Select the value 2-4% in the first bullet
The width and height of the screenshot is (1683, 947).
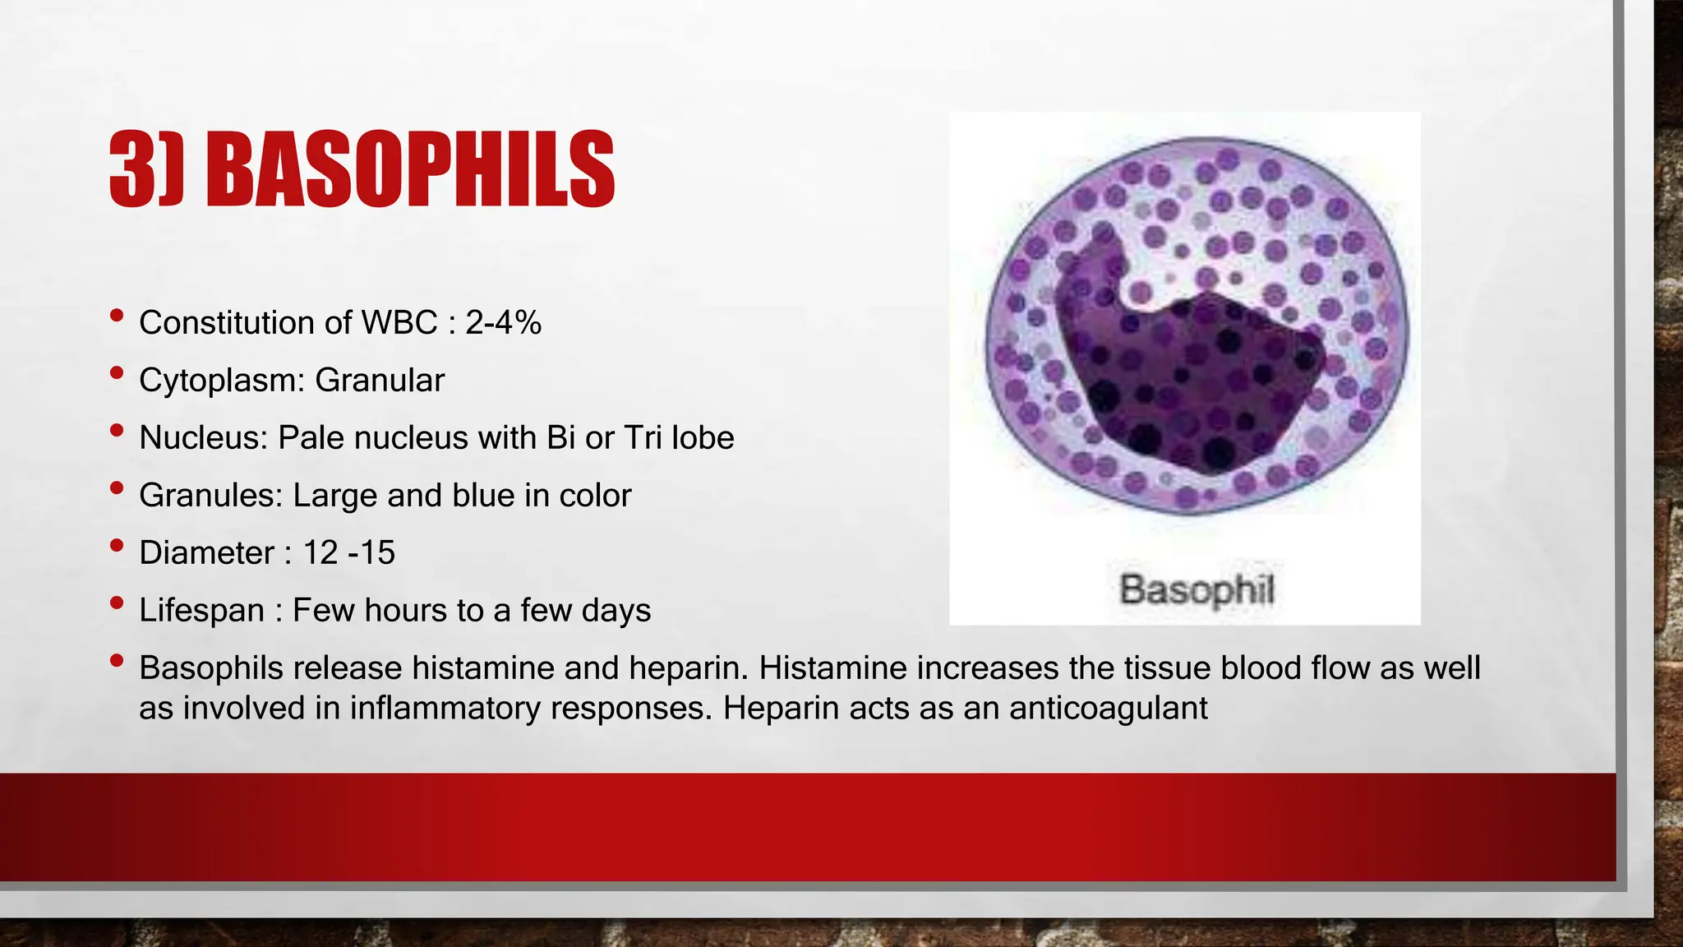tap(503, 322)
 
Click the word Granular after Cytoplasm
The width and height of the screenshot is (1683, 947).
tap(379, 381)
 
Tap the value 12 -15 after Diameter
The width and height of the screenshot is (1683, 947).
tap(348, 552)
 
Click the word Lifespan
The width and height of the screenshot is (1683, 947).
tap(201, 610)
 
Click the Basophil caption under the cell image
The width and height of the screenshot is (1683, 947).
tap(1196, 589)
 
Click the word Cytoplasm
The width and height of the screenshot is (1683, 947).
tap(221, 381)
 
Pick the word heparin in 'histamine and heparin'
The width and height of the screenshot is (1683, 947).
tap(688, 668)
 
